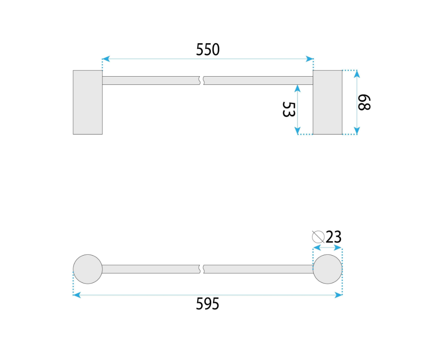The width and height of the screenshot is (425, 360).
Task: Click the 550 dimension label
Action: click(x=208, y=50)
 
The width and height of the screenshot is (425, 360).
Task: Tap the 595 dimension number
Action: click(x=207, y=304)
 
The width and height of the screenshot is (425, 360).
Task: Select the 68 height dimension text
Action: click(x=364, y=102)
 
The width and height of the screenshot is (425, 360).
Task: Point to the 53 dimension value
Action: click(x=288, y=109)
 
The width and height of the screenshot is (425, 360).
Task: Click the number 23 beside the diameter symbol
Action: click(x=334, y=237)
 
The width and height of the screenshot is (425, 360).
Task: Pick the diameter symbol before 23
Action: click(x=318, y=237)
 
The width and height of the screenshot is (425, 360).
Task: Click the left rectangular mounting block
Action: click(x=88, y=102)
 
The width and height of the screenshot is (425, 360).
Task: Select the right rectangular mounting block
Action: click(x=327, y=102)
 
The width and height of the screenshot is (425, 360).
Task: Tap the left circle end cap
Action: click(x=88, y=269)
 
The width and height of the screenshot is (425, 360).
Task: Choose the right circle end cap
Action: click(x=327, y=269)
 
